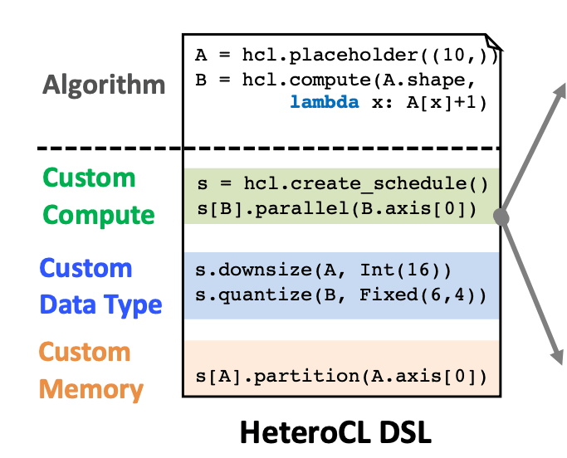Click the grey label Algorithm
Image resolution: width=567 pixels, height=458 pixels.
click(105, 85)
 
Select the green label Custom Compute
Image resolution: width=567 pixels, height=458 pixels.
click(98, 196)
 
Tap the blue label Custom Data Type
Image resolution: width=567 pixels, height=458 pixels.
click(100, 286)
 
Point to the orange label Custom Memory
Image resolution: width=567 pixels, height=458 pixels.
click(90, 370)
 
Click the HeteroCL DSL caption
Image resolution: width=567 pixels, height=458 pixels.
click(335, 432)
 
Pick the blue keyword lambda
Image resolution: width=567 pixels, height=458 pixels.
click(325, 104)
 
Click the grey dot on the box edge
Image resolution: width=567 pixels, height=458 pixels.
click(501, 217)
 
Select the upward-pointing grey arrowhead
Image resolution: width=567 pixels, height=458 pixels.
click(558, 90)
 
